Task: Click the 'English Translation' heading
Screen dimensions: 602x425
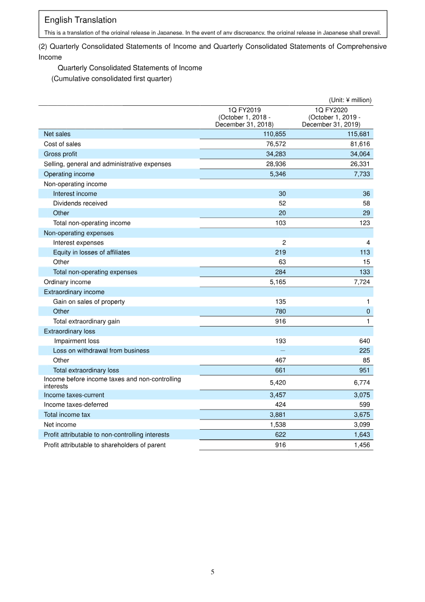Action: (x=80, y=20)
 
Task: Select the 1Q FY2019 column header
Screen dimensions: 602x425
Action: (x=244, y=117)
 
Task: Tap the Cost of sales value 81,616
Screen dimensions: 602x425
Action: (x=359, y=144)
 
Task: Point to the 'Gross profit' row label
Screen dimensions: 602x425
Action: (x=60, y=154)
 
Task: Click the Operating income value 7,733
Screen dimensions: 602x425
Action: (x=361, y=174)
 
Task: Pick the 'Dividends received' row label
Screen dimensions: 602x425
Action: (x=80, y=203)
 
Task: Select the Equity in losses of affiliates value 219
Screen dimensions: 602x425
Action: (x=280, y=253)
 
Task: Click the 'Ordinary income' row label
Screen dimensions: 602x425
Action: (x=67, y=282)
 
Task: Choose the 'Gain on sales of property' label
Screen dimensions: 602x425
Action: (x=89, y=302)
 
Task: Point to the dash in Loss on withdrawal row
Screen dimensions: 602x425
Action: (x=283, y=350)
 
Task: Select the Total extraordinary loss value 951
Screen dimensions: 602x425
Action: (x=364, y=370)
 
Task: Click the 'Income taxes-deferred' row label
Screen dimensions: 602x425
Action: (x=75, y=405)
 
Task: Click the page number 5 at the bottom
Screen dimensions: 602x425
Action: (x=212, y=572)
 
